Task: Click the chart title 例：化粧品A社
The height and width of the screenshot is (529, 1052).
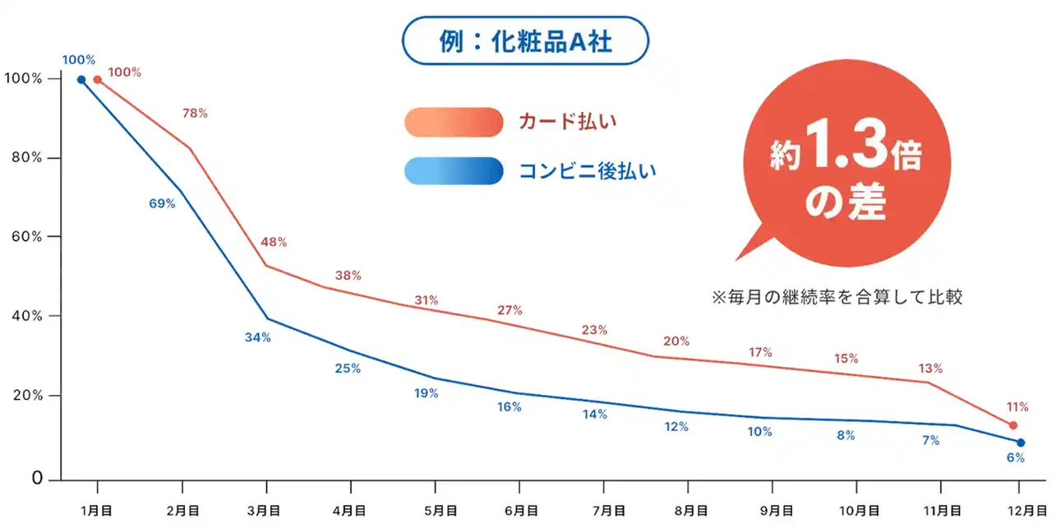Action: (525, 41)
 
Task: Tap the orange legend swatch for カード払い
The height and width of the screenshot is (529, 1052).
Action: (453, 122)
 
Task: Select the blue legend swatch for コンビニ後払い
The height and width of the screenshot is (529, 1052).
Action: (453, 171)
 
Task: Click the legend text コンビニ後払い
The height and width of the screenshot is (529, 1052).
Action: (588, 171)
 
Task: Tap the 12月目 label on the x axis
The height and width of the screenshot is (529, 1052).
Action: (1019, 510)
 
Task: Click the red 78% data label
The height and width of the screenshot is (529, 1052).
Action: (195, 112)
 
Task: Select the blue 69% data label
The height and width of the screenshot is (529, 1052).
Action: (162, 203)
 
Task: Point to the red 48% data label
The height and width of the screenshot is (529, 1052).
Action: (274, 242)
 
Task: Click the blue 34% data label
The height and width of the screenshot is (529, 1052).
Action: (257, 336)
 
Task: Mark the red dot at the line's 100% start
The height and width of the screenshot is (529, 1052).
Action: (98, 80)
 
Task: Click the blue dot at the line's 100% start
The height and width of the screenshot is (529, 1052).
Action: (81, 80)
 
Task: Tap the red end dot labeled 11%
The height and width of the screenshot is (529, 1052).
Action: (1013, 425)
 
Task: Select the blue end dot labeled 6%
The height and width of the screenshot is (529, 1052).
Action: (1020, 443)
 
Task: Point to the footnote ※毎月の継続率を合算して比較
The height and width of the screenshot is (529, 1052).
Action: (836, 297)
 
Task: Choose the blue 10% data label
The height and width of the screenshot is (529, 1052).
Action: (759, 431)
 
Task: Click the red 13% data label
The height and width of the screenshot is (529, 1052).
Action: (931, 368)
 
